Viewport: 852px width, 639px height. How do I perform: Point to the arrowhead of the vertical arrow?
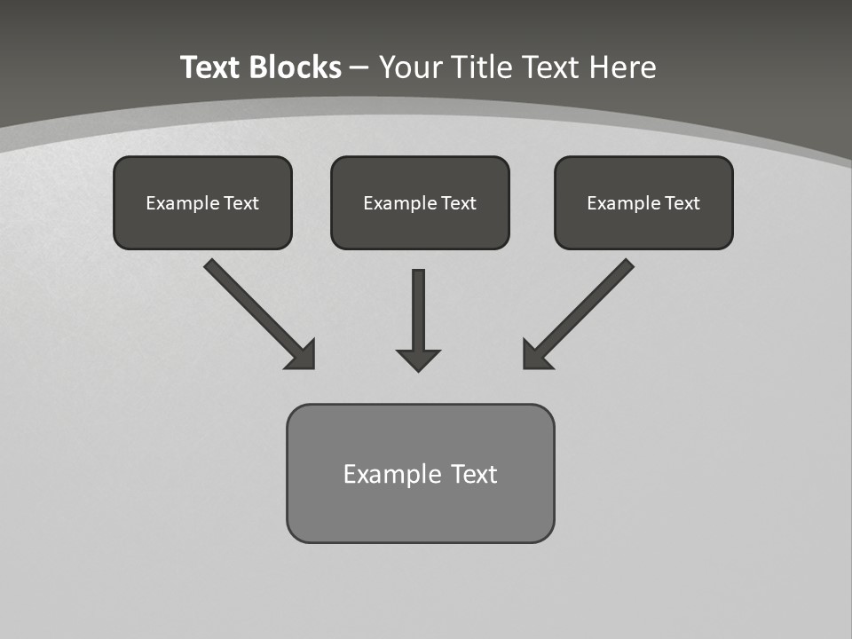pyautogui.click(x=418, y=359)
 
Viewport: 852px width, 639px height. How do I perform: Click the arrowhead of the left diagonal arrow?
pyautogui.click(x=303, y=356)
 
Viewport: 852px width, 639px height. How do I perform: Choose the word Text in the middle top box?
pyautogui.click(x=458, y=203)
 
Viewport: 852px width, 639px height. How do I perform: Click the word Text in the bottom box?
pyautogui.click(x=474, y=474)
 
